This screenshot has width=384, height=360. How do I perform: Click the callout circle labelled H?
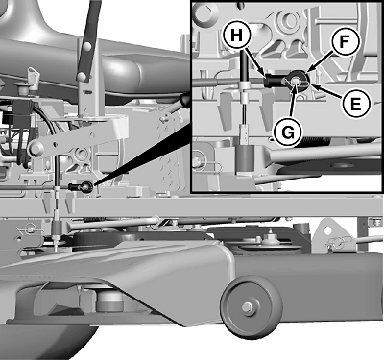[236, 36]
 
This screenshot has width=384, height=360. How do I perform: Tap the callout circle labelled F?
[344, 41]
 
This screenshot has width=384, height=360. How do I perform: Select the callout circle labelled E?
[355, 104]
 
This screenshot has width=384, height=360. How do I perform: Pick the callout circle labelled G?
[288, 132]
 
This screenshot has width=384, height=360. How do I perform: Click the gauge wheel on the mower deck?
[252, 307]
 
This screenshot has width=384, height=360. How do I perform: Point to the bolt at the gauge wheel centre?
[247, 307]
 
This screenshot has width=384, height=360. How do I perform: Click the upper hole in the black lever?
[86, 47]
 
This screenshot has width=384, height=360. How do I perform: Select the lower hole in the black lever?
[83, 76]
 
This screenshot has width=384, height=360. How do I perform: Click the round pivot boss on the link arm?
[36, 149]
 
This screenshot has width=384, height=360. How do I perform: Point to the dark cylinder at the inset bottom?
[245, 159]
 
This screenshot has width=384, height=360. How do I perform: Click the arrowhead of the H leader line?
[264, 75]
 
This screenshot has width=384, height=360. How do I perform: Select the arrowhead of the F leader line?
[308, 70]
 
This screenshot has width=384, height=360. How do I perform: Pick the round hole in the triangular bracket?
[327, 231]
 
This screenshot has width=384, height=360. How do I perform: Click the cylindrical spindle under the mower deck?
[109, 301]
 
